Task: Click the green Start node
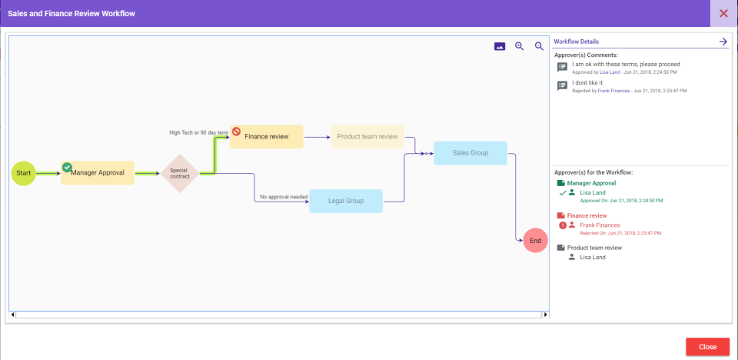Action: pyautogui.click(x=24, y=173)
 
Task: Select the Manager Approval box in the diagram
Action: pyautogui.click(x=98, y=173)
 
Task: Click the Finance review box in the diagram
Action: pyautogui.click(x=267, y=137)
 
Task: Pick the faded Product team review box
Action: pyautogui.click(x=367, y=137)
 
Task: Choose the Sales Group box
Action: pyautogui.click(x=470, y=153)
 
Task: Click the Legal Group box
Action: pyautogui.click(x=346, y=201)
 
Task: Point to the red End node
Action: pyautogui.click(x=536, y=241)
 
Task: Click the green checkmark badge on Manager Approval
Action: pyautogui.click(x=67, y=167)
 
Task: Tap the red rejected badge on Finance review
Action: pyautogui.click(x=237, y=132)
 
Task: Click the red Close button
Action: pyautogui.click(x=707, y=347)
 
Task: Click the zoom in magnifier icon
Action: pyautogui.click(x=520, y=46)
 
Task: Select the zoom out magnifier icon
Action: pyautogui.click(x=539, y=46)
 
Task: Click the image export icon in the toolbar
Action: pyautogui.click(x=500, y=46)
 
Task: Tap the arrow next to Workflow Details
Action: pyautogui.click(x=723, y=42)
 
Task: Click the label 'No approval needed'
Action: pyautogui.click(x=284, y=197)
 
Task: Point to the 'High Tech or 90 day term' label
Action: pyautogui.click(x=198, y=132)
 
